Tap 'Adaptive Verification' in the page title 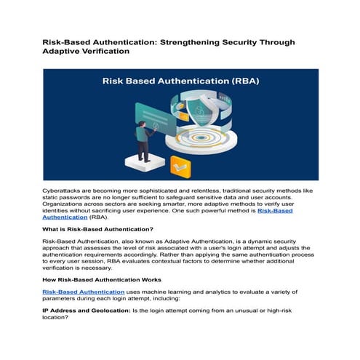click(x=87, y=52)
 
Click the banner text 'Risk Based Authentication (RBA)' click(x=180, y=82)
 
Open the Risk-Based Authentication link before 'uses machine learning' click(x=83, y=292)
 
